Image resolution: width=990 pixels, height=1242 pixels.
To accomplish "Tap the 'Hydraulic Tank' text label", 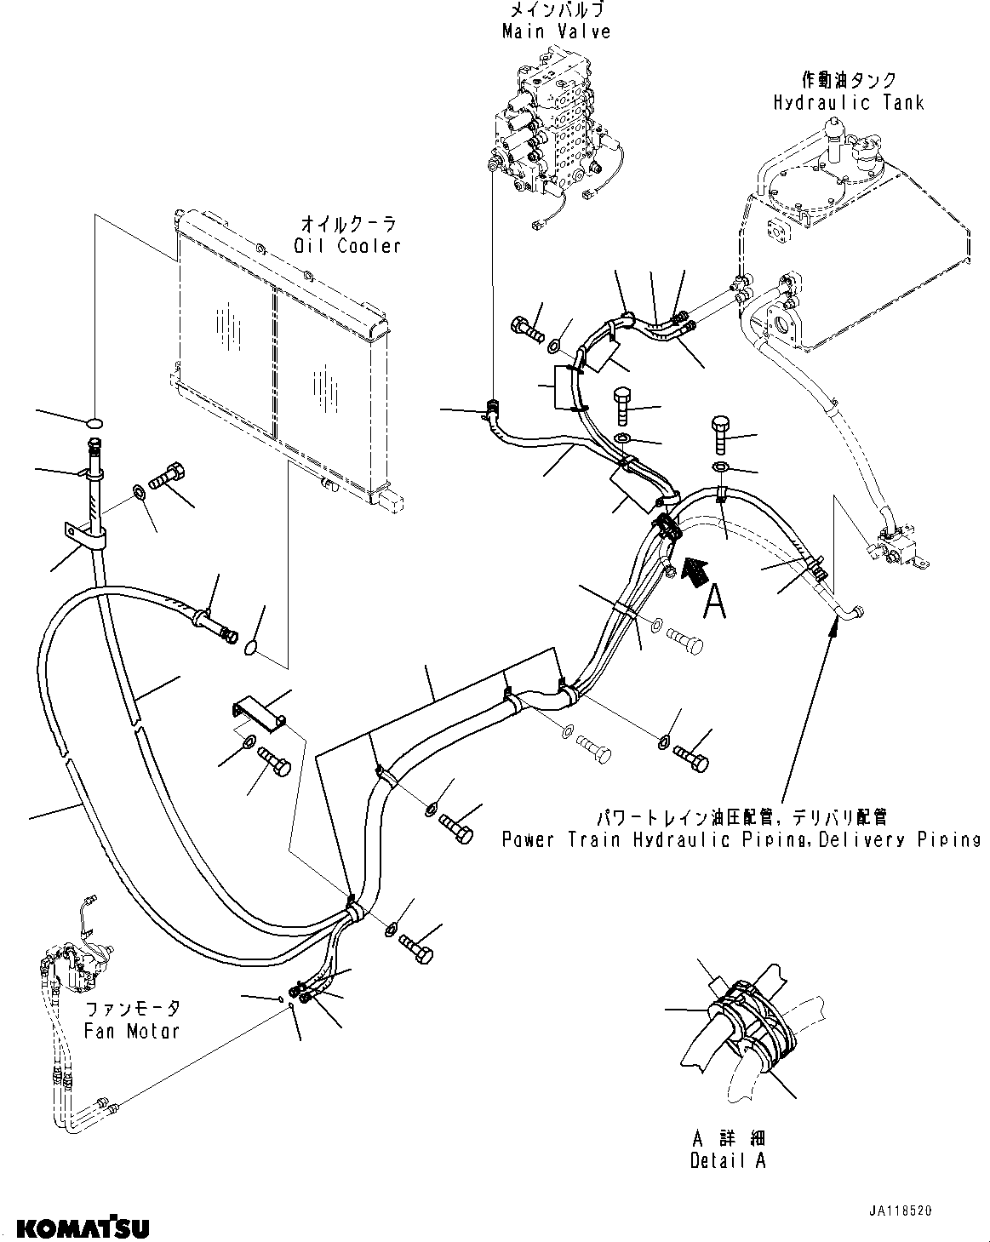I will (x=848, y=102).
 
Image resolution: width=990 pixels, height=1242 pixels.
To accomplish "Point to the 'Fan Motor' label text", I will (x=132, y=1031).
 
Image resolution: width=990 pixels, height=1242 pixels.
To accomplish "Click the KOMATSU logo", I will (x=83, y=1228).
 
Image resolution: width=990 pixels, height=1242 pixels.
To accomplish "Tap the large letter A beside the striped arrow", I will (x=715, y=603).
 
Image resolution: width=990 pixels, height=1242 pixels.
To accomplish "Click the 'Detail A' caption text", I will (x=728, y=1160).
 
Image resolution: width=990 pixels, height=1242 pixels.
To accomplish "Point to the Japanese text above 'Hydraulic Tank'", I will (x=848, y=80).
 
